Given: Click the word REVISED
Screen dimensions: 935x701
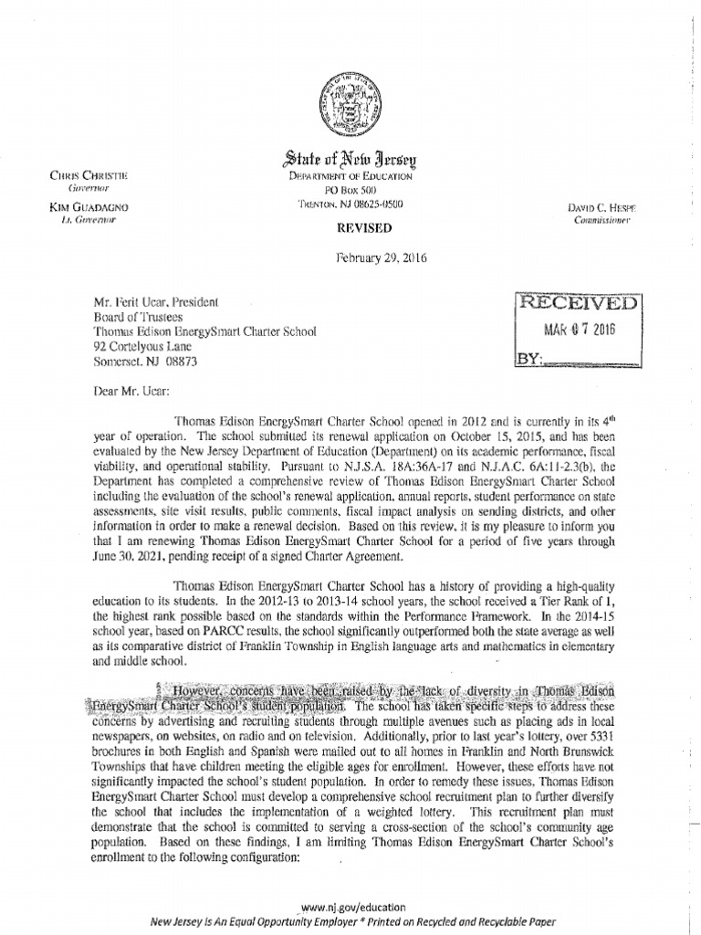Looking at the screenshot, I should click(350, 226).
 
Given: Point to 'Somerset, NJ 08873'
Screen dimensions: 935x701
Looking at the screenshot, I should click(144, 360).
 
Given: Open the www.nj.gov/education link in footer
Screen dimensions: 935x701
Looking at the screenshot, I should click(351, 908).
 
